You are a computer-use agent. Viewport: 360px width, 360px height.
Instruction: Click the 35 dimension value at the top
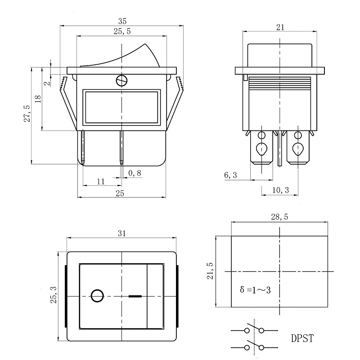[122, 21]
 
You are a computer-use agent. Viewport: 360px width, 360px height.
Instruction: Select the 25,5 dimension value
[122, 31]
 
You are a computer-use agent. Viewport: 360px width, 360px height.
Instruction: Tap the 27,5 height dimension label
[27, 114]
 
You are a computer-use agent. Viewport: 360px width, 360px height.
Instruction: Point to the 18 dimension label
[38, 99]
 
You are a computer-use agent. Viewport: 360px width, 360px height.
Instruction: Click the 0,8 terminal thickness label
[135, 173]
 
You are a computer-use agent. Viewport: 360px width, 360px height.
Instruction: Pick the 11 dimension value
[101, 182]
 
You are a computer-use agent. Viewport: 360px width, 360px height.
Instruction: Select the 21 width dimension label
[280, 27]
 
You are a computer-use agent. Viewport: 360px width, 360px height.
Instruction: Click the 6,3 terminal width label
[230, 175]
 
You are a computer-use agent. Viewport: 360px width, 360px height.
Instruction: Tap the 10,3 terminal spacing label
[280, 190]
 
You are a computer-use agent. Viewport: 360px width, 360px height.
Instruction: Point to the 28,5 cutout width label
[279, 217]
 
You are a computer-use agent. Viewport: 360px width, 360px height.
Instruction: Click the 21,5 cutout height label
[210, 271]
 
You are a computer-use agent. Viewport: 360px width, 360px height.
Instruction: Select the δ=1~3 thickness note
[255, 290]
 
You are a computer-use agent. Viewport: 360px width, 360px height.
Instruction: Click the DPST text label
[302, 338]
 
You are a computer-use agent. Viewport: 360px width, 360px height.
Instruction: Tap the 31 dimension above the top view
[122, 233]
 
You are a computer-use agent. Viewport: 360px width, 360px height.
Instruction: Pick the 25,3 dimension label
[54, 295]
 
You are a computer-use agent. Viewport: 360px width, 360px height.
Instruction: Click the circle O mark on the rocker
[97, 296]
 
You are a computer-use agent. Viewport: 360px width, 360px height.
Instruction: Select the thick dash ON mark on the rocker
[135, 296]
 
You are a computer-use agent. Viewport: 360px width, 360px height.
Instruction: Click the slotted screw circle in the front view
[121, 81]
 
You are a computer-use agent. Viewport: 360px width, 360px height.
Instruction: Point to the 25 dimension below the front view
[120, 193]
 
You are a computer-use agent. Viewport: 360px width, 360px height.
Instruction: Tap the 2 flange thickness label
[47, 83]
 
